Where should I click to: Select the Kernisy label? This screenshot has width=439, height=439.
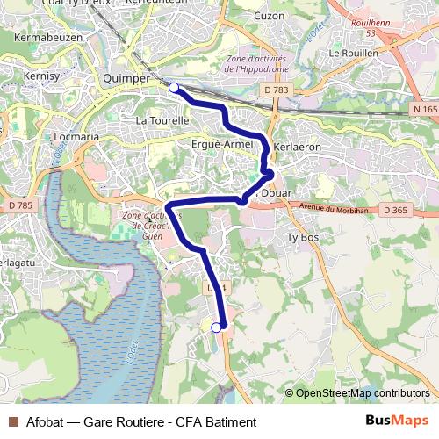point(41,76)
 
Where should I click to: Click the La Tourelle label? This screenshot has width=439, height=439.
point(162,119)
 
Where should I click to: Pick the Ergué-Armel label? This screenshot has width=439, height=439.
point(221,144)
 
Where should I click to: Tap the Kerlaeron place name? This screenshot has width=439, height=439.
point(298,147)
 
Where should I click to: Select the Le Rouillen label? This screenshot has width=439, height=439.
point(353,53)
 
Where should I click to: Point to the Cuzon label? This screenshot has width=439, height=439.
point(270,16)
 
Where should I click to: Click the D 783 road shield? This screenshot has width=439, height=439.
point(275,90)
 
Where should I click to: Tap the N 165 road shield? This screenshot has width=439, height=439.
point(423,109)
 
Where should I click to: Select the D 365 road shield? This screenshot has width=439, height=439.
point(396,211)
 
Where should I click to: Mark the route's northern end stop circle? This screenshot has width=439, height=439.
point(174,87)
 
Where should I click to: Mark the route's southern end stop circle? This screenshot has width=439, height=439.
point(217,327)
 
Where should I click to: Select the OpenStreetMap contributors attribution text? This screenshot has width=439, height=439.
point(362,393)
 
